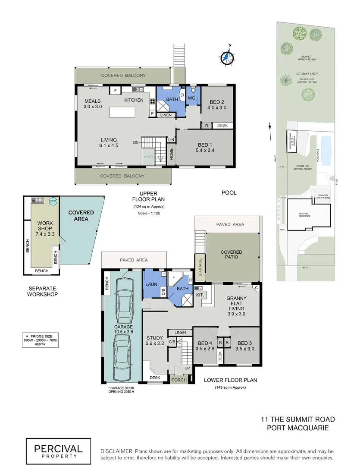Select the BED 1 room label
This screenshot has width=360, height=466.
(x=205, y=147)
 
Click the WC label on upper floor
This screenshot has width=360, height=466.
(x=192, y=98)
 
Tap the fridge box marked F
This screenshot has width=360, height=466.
(x=115, y=90)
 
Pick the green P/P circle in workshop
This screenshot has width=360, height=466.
(x=53, y=201)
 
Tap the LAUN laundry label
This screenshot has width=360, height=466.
(x=151, y=285)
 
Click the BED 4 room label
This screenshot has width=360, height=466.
(x=204, y=345)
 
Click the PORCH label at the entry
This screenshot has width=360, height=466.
(x=179, y=380)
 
